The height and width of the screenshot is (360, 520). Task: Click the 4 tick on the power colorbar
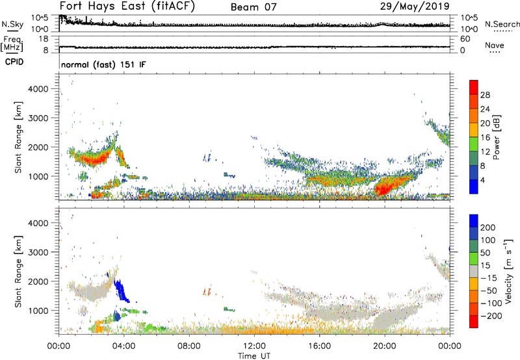(486, 179)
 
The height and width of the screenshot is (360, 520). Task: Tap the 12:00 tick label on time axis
(254, 346)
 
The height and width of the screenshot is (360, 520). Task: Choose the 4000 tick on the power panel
(45, 88)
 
